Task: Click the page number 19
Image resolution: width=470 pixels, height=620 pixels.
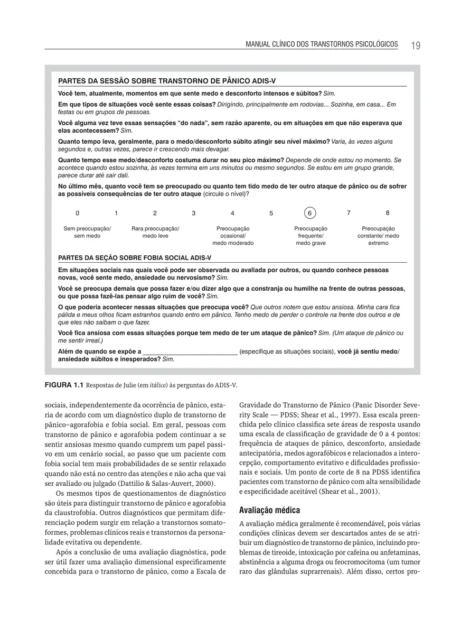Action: tap(415, 45)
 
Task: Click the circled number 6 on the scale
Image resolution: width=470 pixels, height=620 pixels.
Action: tap(310, 213)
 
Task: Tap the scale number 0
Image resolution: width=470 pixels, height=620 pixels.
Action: tap(78, 213)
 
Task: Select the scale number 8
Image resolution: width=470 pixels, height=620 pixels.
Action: tap(387, 213)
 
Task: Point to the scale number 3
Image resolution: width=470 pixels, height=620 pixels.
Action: tap(194, 213)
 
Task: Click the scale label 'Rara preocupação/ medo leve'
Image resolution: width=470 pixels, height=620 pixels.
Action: tap(155, 232)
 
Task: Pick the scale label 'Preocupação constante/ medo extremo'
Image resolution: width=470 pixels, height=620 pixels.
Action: tap(378, 236)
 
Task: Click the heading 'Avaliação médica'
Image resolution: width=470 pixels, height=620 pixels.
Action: tap(269, 510)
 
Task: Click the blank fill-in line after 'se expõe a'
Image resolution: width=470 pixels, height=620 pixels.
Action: tap(190, 351)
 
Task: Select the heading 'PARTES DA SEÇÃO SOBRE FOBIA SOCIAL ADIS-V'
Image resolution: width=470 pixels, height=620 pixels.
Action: tap(134, 257)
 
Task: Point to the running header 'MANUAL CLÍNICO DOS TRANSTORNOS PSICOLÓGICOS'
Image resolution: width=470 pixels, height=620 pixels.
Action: tap(322, 44)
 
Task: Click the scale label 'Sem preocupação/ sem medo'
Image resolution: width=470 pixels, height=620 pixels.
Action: tap(87, 232)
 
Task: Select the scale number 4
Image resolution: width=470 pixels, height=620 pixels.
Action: tap(232, 213)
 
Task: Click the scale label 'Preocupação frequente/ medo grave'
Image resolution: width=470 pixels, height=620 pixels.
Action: tap(311, 236)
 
